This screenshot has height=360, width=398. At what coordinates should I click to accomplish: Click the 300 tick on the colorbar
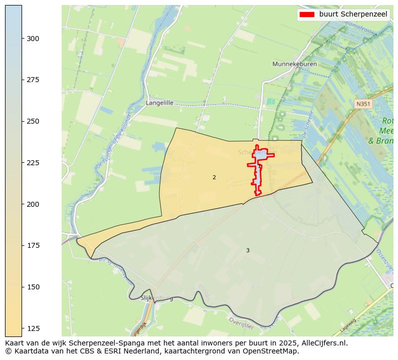[33, 39]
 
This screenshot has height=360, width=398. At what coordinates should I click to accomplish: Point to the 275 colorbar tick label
[33, 80]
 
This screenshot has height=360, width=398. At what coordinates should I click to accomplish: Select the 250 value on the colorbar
[33, 121]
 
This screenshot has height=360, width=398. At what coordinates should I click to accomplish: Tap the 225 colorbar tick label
[33, 163]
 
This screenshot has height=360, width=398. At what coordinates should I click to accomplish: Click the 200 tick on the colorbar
[33, 204]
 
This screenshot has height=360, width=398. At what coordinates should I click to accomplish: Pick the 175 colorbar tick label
[33, 245]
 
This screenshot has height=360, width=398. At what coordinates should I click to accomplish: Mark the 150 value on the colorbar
[33, 287]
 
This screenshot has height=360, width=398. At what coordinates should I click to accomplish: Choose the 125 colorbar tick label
[33, 328]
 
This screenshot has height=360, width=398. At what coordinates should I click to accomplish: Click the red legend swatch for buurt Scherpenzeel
[306, 15]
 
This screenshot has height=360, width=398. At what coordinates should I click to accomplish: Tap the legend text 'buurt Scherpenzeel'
[353, 15]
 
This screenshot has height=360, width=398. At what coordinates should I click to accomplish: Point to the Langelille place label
[159, 103]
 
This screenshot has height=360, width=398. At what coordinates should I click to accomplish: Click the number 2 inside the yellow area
[214, 177]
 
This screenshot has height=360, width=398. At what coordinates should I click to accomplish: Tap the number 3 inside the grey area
[248, 250]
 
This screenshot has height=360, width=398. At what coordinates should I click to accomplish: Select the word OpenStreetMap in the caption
[273, 351]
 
